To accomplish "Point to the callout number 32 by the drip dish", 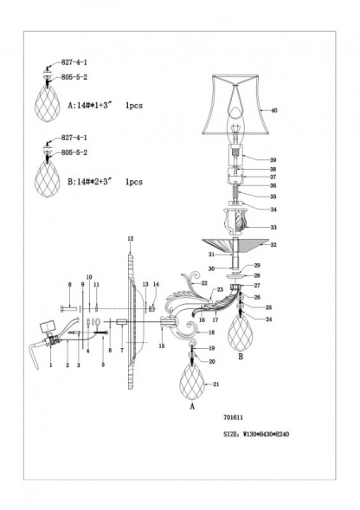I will point(274,245).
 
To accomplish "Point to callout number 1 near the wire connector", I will point(51,365).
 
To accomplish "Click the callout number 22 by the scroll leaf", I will point(205,283).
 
